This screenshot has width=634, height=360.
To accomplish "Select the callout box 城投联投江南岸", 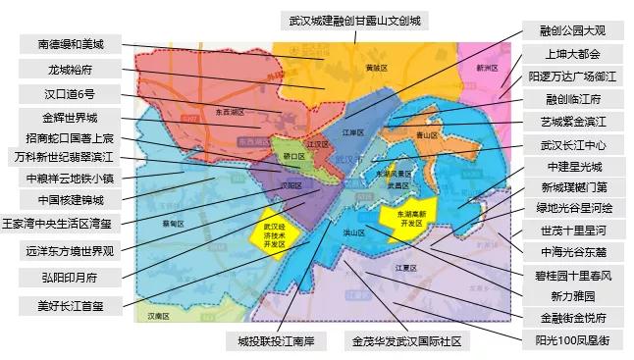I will point(276,342).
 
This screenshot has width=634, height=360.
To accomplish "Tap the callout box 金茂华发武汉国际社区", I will point(406,342).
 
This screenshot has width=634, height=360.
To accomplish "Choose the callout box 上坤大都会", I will point(573,54).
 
